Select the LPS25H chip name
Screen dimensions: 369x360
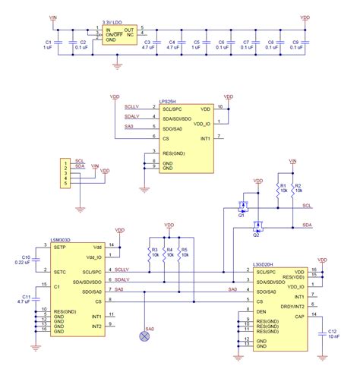[x=171, y=99]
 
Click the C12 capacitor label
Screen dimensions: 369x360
[x=331, y=331]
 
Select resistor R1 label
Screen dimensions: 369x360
[x=282, y=184]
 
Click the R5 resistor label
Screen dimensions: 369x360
[x=185, y=248]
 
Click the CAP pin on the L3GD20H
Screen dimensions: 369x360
[x=301, y=315]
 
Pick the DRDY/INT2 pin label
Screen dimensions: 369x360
[x=292, y=305]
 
